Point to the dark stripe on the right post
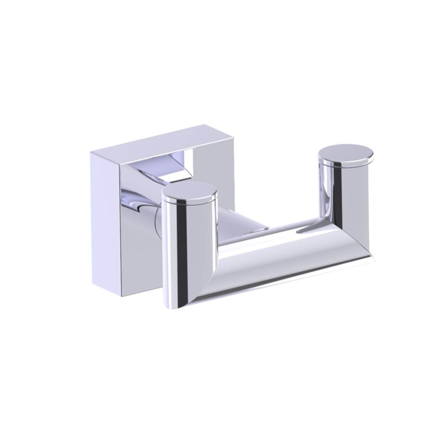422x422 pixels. [338, 194]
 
